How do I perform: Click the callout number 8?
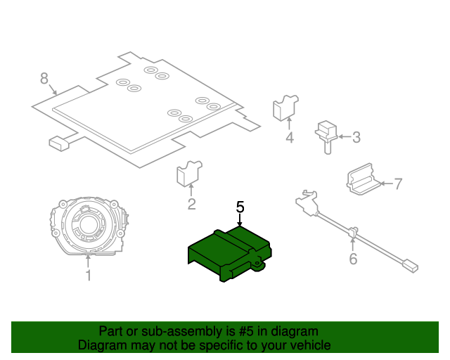[x=44, y=78]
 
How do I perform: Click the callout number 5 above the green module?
[x=240, y=207]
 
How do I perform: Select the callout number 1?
[x=89, y=276]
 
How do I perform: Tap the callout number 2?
[x=191, y=204]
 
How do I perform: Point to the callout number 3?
[x=356, y=137]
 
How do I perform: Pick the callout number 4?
[x=290, y=137]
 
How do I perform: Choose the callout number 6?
[x=353, y=259]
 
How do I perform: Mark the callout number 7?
[x=398, y=184]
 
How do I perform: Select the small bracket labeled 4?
[x=285, y=108]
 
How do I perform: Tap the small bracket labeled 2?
[x=189, y=174]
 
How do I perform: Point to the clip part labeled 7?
[x=363, y=179]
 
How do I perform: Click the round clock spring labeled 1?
[x=89, y=226]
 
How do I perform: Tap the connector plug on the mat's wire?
[x=59, y=144]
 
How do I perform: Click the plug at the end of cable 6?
[x=411, y=266]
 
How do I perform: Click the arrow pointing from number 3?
[x=345, y=136]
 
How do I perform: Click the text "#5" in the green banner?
[x=246, y=331]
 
